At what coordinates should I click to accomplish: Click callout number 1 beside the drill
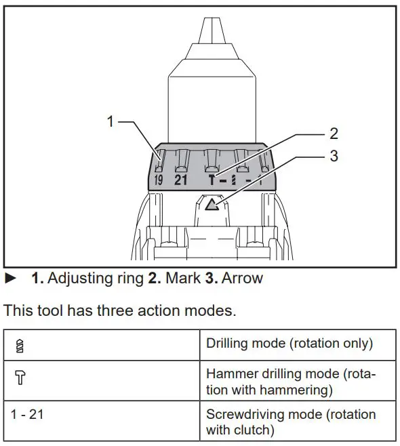(111, 122)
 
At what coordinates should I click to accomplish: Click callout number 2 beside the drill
(333, 134)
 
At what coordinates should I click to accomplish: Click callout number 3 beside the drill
(333, 156)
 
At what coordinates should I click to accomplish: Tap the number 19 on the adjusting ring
(158, 180)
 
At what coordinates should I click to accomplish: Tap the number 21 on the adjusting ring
(180, 180)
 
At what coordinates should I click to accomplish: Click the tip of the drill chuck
(210, 27)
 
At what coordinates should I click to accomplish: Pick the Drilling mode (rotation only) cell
(289, 344)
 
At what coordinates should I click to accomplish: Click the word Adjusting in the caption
(74, 278)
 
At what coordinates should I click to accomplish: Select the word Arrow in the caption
(242, 278)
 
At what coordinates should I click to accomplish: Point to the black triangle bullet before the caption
(9, 278)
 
